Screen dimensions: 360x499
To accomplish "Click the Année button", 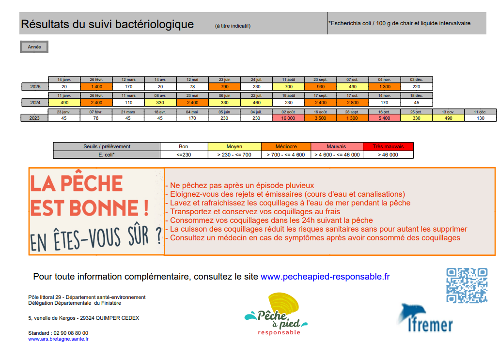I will point(34,47).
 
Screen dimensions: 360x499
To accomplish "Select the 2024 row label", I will point(35,103).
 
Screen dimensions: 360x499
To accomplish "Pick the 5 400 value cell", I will point(384,118).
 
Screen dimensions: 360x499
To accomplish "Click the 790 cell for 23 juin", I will point(224,87).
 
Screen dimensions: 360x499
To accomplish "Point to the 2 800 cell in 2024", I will point(352,103).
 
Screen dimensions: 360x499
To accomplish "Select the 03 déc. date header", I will point(416,79).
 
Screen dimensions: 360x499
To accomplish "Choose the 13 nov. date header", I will point(448,111).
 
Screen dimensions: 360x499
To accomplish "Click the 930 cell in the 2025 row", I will point(320,87).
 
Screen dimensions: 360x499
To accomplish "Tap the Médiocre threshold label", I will point(286,146).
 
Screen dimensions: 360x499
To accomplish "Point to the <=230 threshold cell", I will point(184,155).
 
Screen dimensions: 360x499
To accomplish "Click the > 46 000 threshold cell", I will point(388,155).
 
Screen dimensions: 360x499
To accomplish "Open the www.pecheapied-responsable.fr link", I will point(325,277).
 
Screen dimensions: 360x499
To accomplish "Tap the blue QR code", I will point(467,286).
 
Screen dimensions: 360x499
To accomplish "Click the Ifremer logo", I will point(425,319).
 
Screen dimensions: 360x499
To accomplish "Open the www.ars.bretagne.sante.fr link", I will point(59,339).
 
